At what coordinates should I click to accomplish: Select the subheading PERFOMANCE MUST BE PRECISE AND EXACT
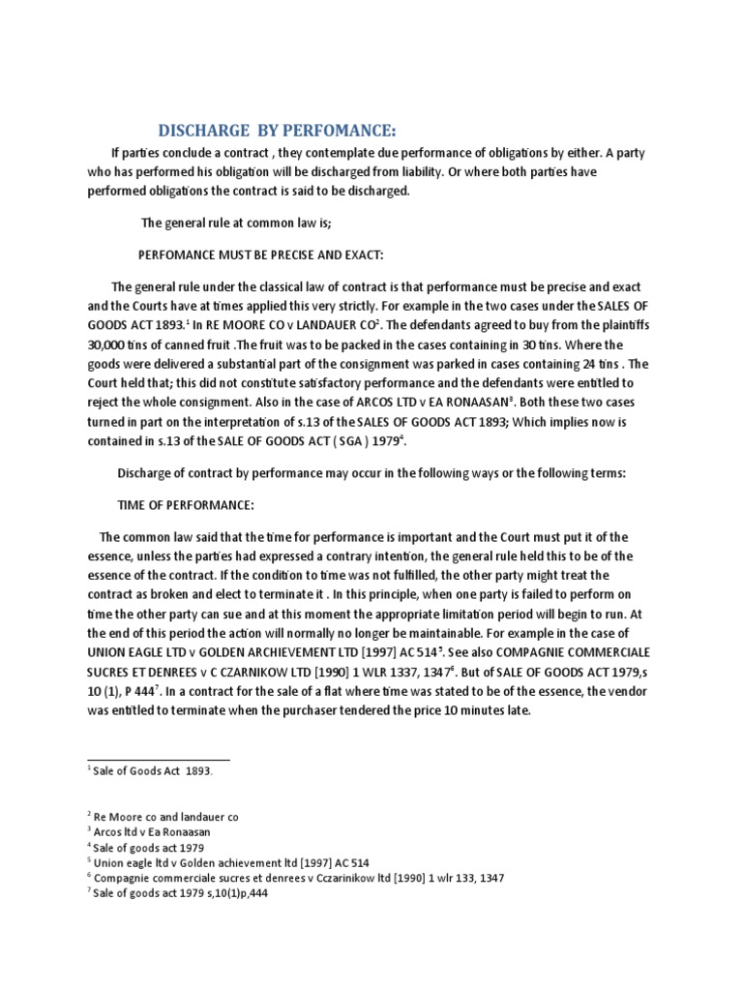(x=262, y=255)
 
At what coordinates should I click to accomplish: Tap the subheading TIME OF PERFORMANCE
(x=186, y=504)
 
